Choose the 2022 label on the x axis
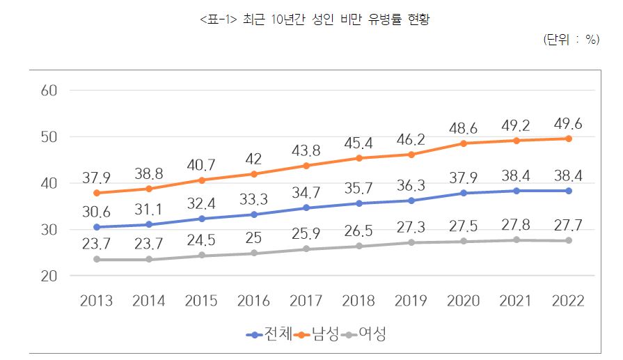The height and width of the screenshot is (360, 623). tap(567, 301)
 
